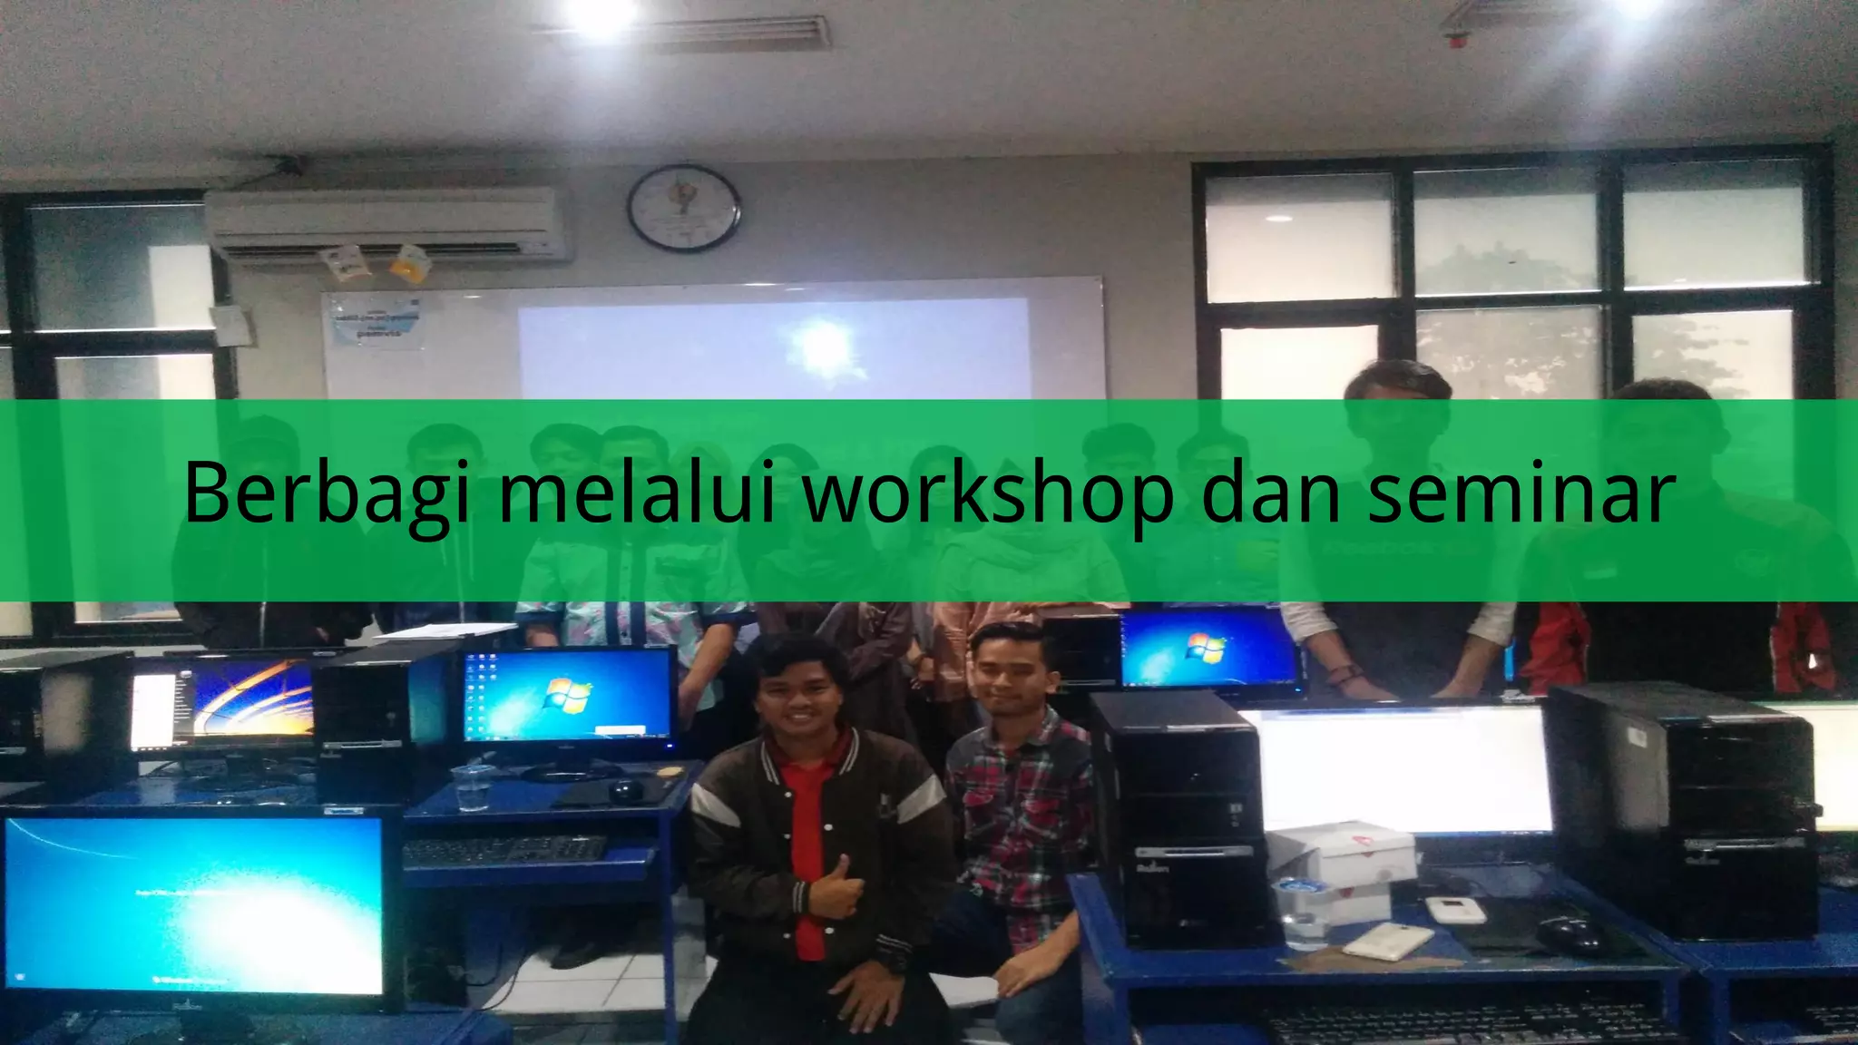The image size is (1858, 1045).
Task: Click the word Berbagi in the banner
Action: [x=327, y=494]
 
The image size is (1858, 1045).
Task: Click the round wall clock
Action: [x=684, y=208]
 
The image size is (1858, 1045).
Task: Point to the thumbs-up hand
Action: [x=834, y=893]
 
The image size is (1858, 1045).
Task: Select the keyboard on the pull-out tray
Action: [x=504, y=850]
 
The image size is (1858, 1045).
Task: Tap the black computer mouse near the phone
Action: [x=1568, y=933]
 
